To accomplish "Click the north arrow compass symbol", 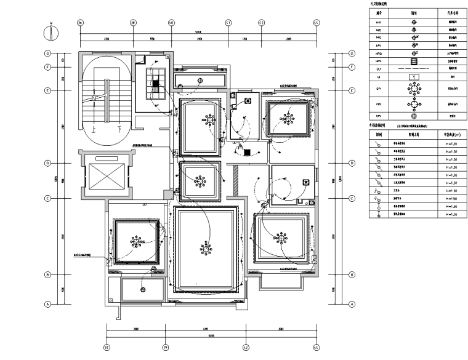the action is [52, 31].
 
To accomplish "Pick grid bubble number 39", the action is [165, 347].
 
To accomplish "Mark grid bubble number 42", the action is [245, 347].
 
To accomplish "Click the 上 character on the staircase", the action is [93, 129].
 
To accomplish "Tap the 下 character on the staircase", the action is [118, 129].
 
